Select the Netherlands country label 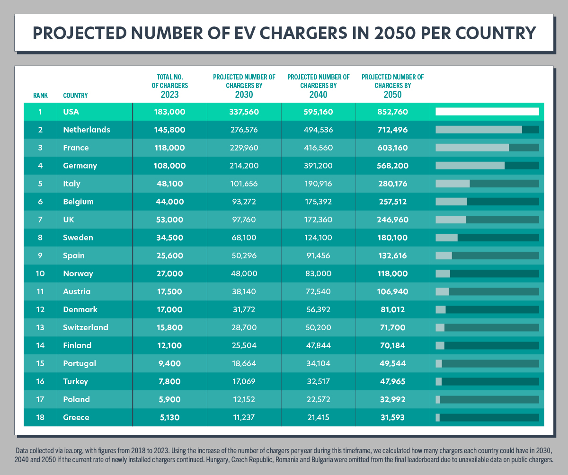coord(86,130)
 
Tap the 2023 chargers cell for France coord(169,148)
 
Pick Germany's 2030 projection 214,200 coord(244,166)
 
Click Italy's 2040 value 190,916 coord(318,184)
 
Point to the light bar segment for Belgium coord(451,202)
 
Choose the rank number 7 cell coord(40,220)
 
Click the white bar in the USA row coord(487,112)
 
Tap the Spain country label coord(74,255)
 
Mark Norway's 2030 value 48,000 coord(244,273)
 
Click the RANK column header coord(40,96)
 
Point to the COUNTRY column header coord(75,96)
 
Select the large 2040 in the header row coord(318,95)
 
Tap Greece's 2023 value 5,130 coord(169,417)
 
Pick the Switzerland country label coord(86,327)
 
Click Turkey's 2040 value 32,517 coord(318,381)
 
